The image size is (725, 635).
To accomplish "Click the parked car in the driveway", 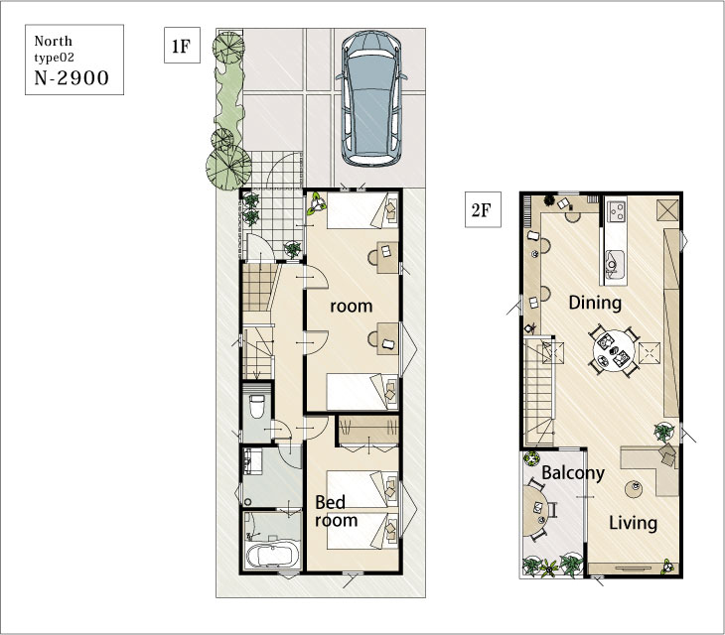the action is point(371,98).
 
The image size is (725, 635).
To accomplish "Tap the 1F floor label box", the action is point(182,46).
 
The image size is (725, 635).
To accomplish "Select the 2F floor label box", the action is point(483,209).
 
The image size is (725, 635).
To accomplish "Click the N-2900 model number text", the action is point(72,77).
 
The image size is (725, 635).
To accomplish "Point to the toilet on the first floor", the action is point(256,406).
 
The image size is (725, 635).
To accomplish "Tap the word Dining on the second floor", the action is point(595,303).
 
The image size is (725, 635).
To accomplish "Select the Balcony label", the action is point(573,473).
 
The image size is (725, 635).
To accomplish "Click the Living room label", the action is point(633,523).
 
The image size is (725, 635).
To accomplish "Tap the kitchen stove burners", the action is point(617,212).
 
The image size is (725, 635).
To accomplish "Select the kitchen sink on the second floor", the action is point(615,264).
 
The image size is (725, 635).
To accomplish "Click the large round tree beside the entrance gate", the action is point(228,167).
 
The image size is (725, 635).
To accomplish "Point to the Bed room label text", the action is point(336,511).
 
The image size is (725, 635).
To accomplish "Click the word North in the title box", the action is point(54,41).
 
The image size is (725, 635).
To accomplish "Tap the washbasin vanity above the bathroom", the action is point(253,461).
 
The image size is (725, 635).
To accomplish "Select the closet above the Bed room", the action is point(368,431).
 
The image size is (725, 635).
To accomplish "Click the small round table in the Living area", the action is point(634,488).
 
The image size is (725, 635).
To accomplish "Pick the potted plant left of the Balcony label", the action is point(531,458).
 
